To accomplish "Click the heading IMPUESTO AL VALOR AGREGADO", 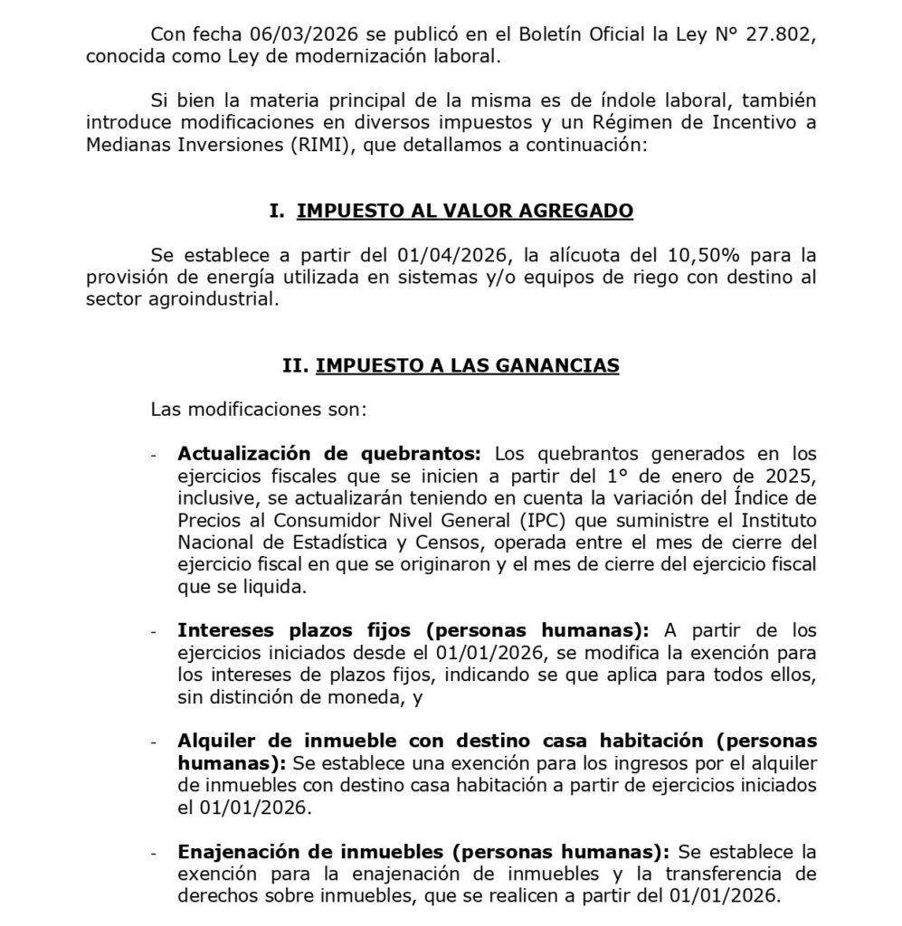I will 465,211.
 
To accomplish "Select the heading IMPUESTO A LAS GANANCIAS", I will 467,365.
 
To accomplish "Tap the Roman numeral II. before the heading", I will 295,365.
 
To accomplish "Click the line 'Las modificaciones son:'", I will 259,409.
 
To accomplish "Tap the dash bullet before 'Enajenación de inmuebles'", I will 154,853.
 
